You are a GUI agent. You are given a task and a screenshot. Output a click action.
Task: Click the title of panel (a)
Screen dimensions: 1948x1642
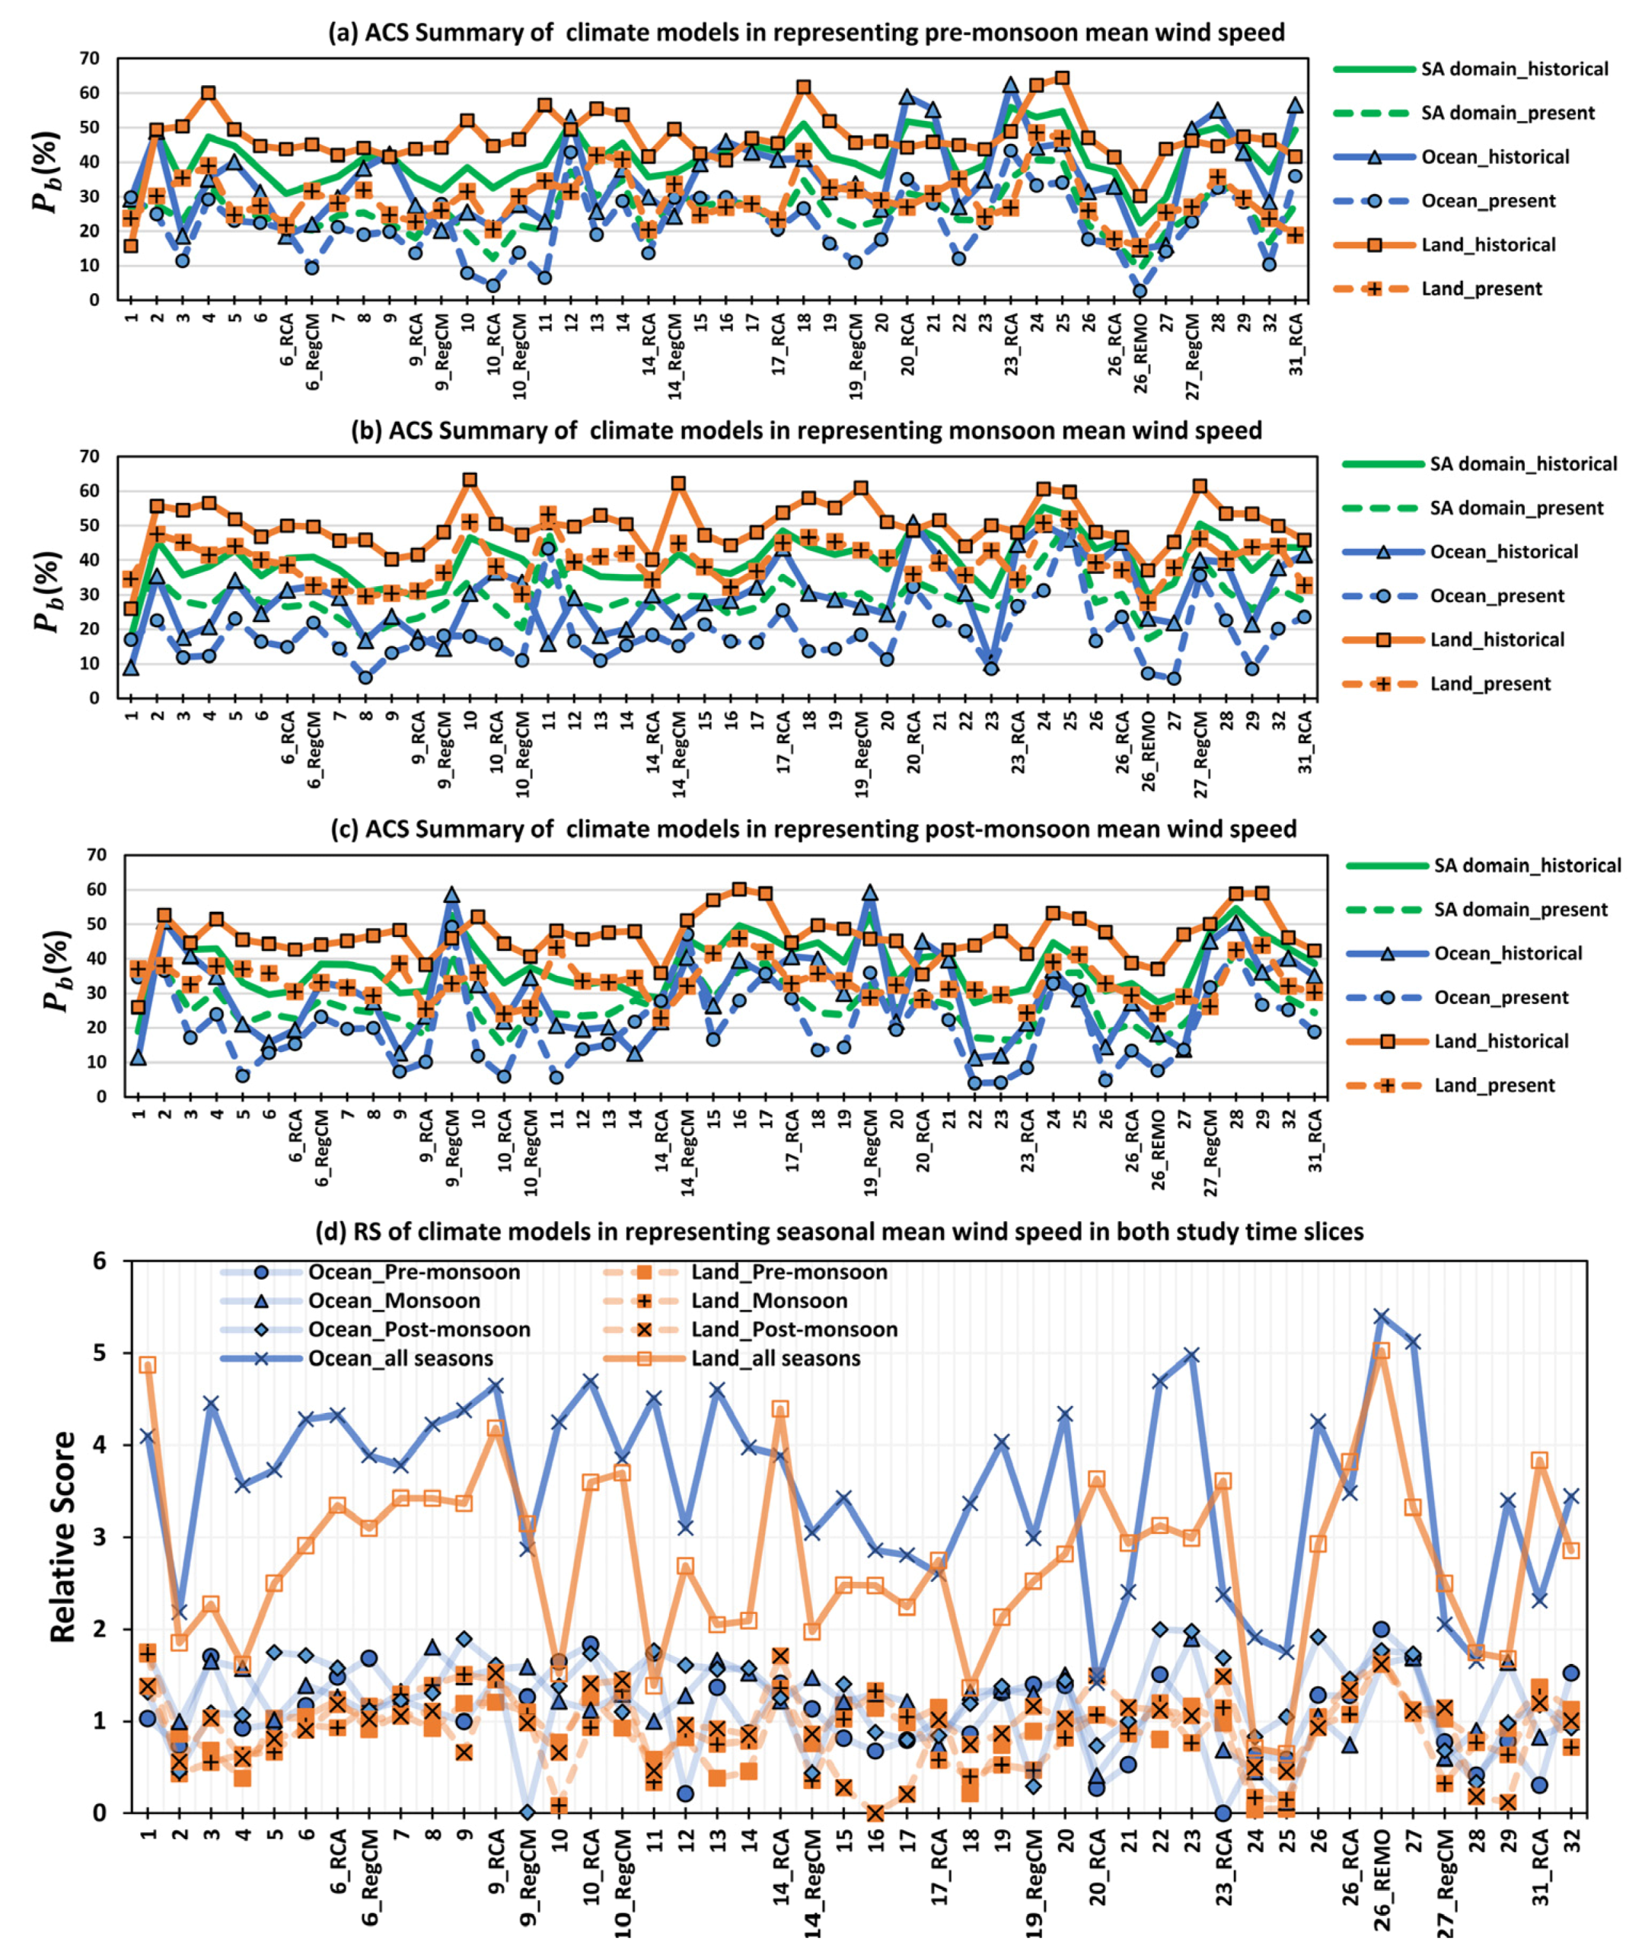pyautogui.click(x=806, y=33)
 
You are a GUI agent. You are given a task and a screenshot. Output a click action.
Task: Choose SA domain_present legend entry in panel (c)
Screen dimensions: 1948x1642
pyautogui.click(x=1519, y=910)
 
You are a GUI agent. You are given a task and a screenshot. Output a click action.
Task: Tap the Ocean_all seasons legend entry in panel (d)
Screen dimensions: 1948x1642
pyautogui.click(x=400, y=1358)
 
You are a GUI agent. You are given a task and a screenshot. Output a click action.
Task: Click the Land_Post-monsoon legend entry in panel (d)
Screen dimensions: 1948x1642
pyautogui.click(x=793, y=1329)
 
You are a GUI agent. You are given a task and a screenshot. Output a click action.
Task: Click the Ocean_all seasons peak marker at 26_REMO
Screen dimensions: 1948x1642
pyautogui.click(x=1382, y=1317)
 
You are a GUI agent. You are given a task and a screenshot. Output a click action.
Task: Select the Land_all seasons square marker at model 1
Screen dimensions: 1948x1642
pyautogui.click(x=147, y=1364)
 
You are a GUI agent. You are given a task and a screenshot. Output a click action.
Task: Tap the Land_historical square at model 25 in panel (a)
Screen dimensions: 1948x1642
pyautogui.click(x=1062, y=78)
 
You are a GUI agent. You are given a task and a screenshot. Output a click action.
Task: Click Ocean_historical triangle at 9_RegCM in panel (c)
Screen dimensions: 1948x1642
pyautogui.click(x=452, y=894)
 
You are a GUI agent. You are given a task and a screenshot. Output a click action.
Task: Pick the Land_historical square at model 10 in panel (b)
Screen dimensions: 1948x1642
pyautogui.click(x=470, y=480)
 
